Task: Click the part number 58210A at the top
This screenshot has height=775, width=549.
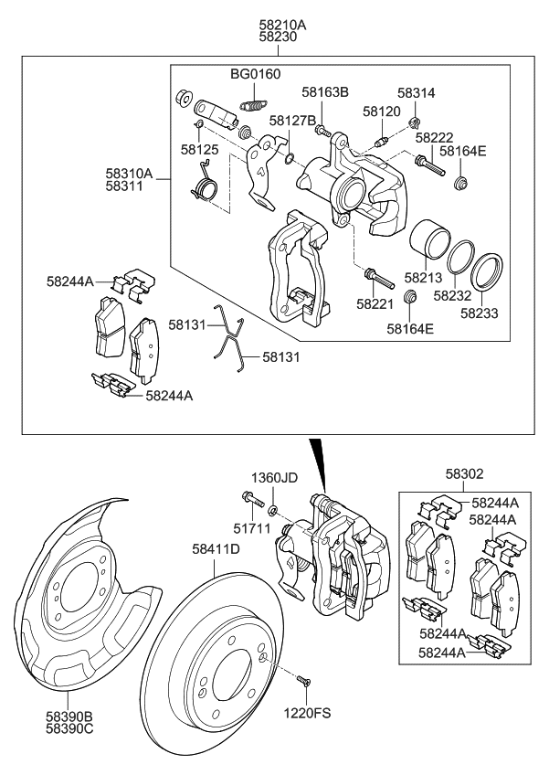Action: [x=282, y=25]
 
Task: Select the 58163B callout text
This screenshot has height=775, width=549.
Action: [x=326, y=92]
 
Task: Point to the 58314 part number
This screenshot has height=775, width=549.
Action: [x=417, y=93]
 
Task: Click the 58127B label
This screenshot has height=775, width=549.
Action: [x=292, y=120]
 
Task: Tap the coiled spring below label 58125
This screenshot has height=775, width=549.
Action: [x=203, y=188]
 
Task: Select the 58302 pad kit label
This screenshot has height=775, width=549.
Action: [x=465, y=474]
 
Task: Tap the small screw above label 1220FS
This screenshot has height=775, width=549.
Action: [x=304, y=679]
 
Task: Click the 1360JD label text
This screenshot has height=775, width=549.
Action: [x=275, y=478]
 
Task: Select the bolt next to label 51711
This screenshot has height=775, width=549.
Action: [x=250, y=499]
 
